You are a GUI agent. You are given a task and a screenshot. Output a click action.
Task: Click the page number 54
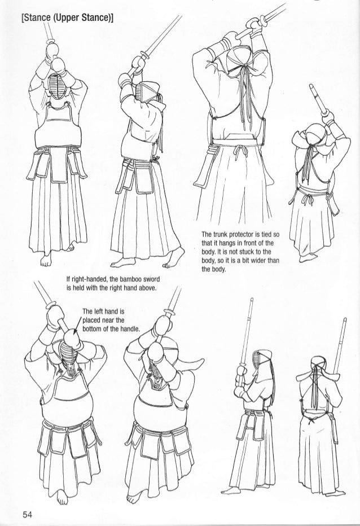[x=28, y=514]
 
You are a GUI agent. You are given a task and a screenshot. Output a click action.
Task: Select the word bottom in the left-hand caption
[x=92, y=328]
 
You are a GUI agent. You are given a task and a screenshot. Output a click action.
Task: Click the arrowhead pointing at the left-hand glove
[x=75, y=331]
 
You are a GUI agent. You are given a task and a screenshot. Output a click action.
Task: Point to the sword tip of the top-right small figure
[x=311, y=87]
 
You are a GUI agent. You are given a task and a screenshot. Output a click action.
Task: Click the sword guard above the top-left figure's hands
[x=52, y=42]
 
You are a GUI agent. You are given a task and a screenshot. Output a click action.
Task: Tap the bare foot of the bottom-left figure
[x=62, y=497]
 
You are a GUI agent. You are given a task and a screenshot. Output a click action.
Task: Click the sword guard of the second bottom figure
[x=170, y=313]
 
